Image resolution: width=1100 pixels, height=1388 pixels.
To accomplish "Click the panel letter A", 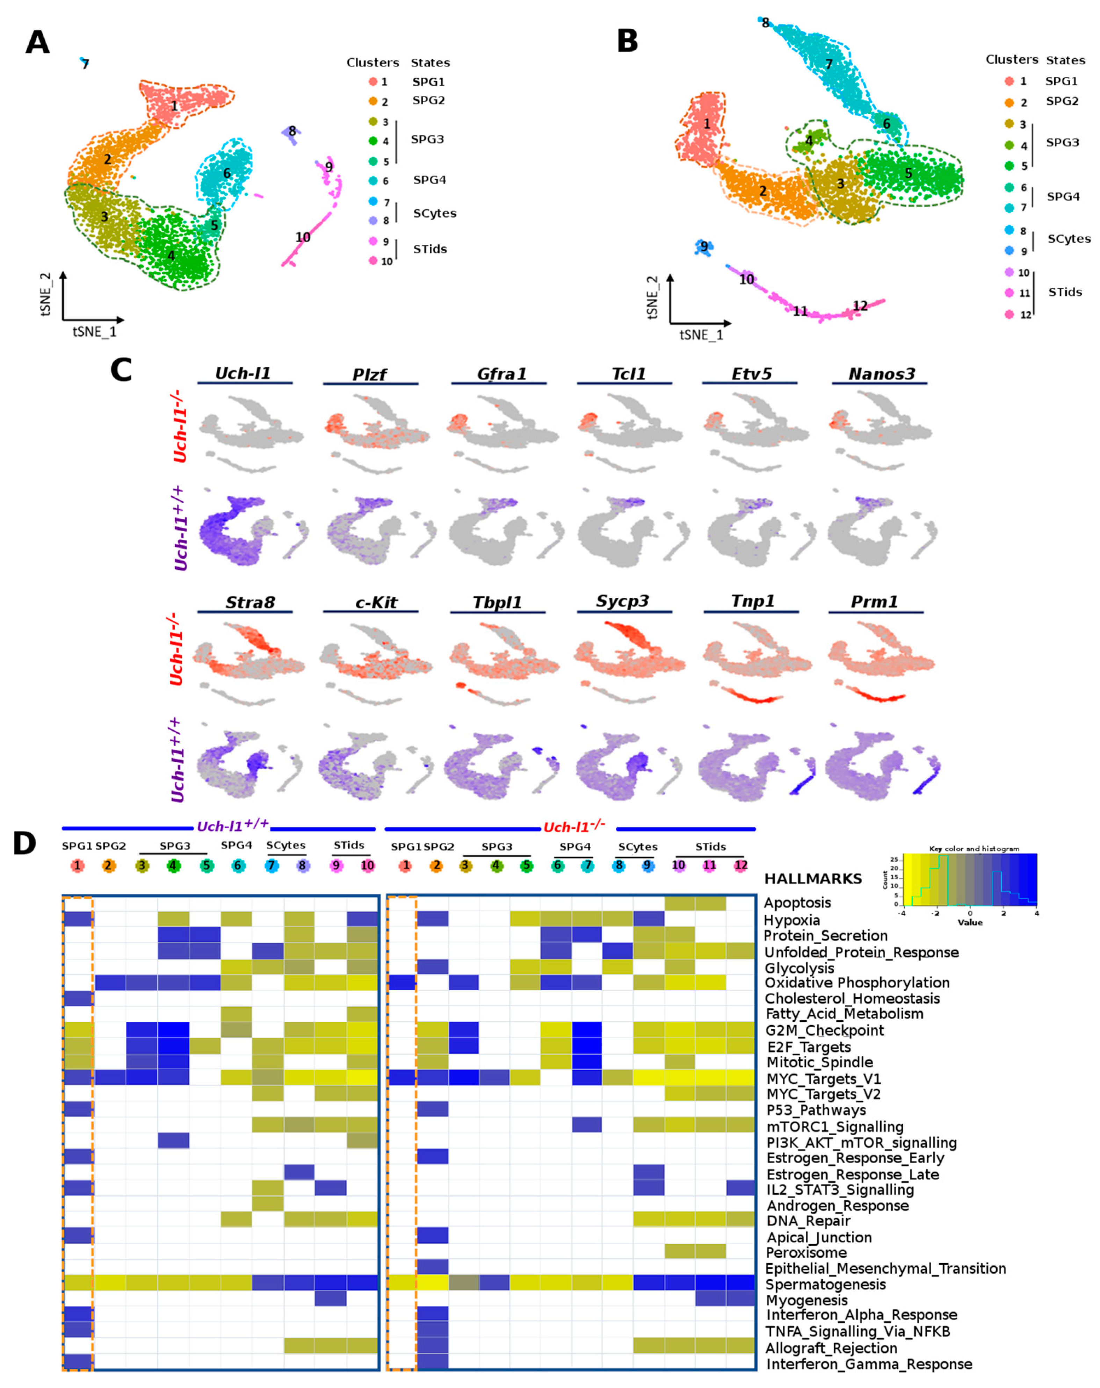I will coord(37,43).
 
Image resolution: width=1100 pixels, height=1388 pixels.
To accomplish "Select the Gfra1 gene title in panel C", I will coord(501,374).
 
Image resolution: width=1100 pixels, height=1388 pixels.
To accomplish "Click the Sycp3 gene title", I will coord(622,601).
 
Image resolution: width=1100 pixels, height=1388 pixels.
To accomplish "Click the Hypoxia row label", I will coord(792,920).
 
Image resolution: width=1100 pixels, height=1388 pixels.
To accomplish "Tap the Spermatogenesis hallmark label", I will coord(825,1284).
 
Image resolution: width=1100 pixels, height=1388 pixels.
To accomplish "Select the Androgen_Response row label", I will coord(837,1205).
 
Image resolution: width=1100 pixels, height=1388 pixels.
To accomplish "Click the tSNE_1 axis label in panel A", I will coord(94,332).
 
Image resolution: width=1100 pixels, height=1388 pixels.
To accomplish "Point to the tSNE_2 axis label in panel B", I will coord(652,297).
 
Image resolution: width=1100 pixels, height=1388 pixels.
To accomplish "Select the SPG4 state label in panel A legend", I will coord(429,180).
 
